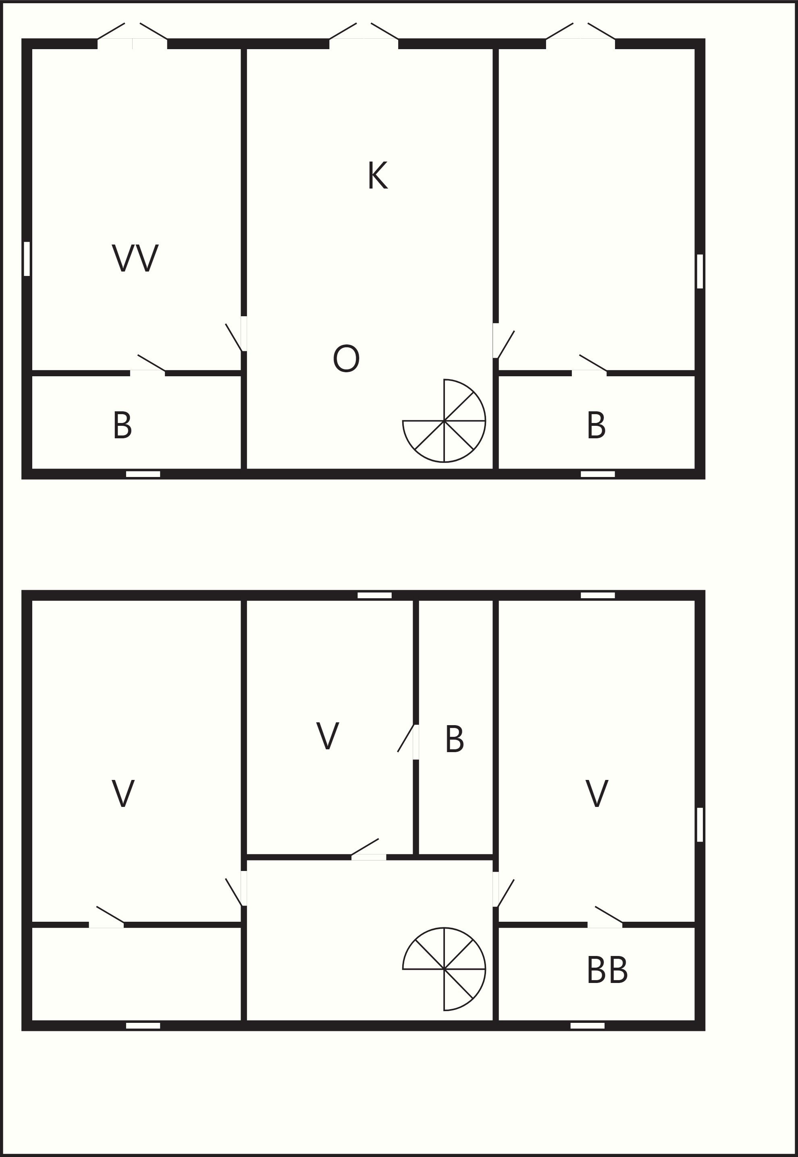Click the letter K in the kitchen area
(x=378, y=175)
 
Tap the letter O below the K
(x=346, y=359)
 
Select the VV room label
(x=135, y=258)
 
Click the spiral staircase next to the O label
(x=444, y=421)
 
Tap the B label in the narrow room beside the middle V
(x=455, y=739)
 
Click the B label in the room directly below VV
(x=123, y=425)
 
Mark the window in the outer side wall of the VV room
(x=27, y=259)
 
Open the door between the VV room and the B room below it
(x=148, y=364)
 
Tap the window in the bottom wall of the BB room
(x=588, y=1026)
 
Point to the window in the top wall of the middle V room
(x=374, y=595)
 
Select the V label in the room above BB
(x=596, y=793)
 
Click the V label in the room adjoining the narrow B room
(x=328, y=735)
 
